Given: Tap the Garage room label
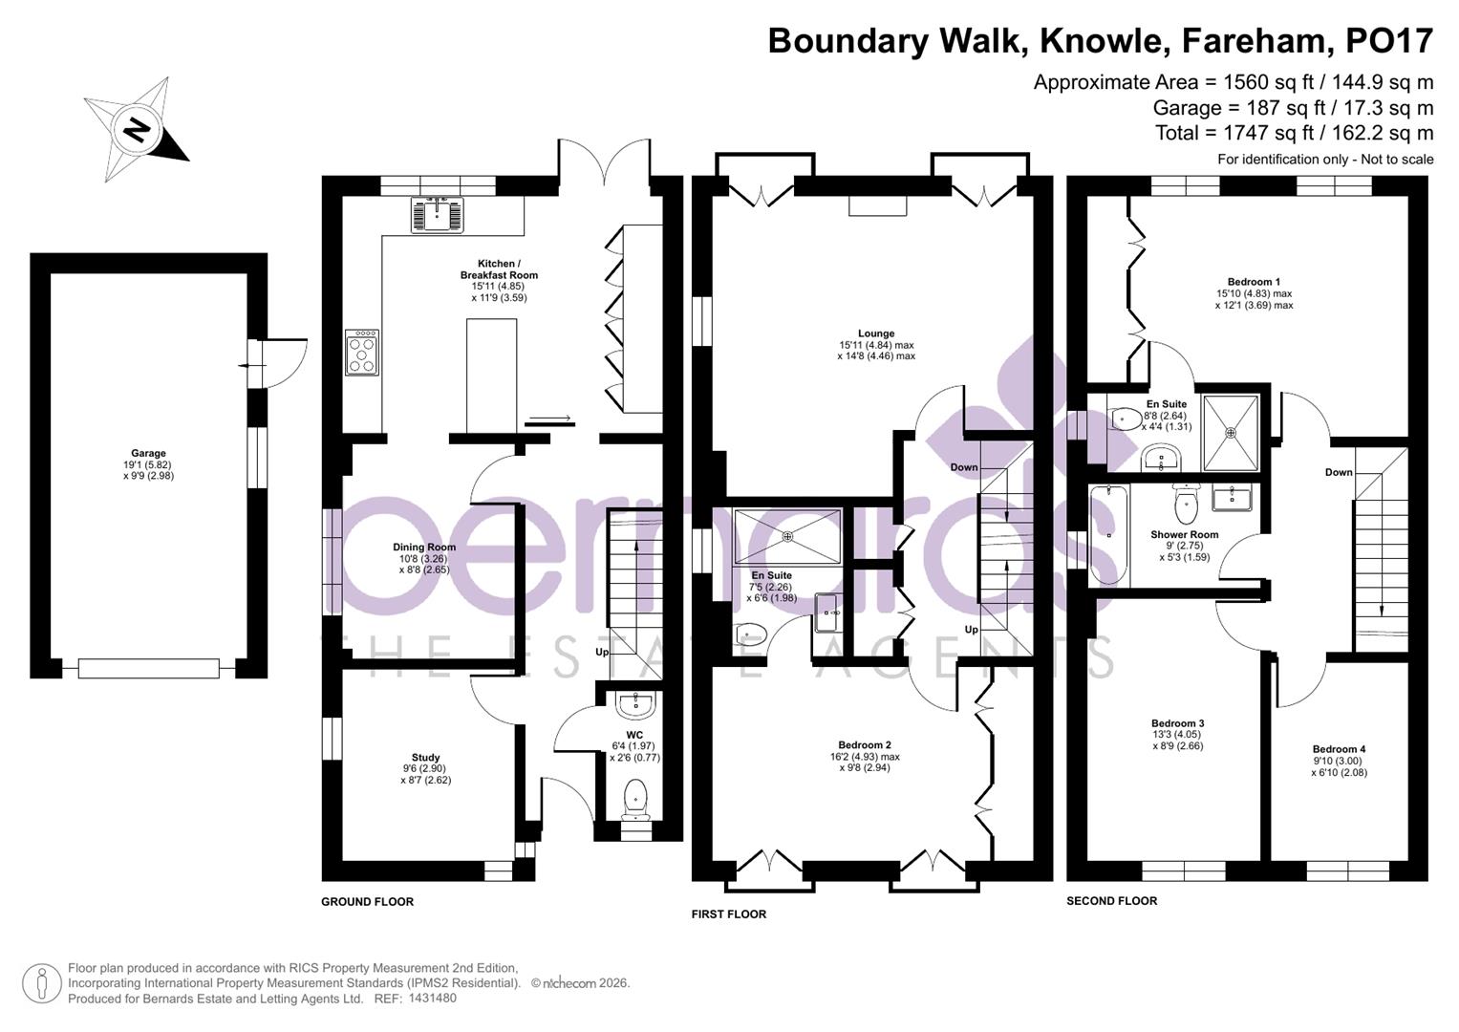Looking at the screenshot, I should pos(148,454).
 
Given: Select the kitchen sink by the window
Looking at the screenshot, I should pos(437,214).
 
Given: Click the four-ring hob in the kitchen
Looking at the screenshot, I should pos(362,353).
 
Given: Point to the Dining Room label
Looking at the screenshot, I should pos(424,548).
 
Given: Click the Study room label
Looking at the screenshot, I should pos(425,758).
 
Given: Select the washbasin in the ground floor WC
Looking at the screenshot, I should pos(635,706).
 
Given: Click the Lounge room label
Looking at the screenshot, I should pos(876,333).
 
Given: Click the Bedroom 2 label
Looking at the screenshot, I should pos(865,745).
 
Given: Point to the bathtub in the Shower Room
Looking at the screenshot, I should pos(1108,535).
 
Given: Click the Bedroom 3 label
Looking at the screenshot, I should pos(1177,724).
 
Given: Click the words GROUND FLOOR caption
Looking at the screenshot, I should pos(367,902).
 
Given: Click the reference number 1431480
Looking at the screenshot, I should pos(432,999).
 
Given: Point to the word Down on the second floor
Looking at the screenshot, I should pos(1339,472).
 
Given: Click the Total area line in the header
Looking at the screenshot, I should pos(1294,133).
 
